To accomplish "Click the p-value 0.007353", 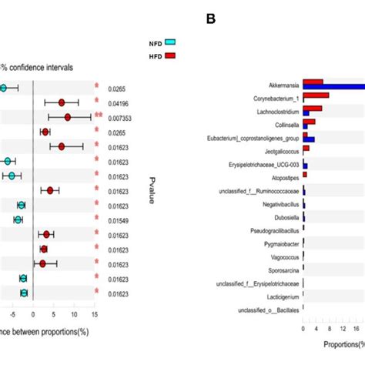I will click(x=120, y=118).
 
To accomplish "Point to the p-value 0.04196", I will click(x=119, y=103).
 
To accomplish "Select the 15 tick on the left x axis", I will click(x=94, y=314).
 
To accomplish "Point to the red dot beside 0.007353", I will click(x=68, y=118).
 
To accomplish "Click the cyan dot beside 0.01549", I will click(x=18, y=220).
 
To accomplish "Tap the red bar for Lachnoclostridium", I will click(x=313, y=109).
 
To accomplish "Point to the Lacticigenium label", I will click(x=279, y=296).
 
